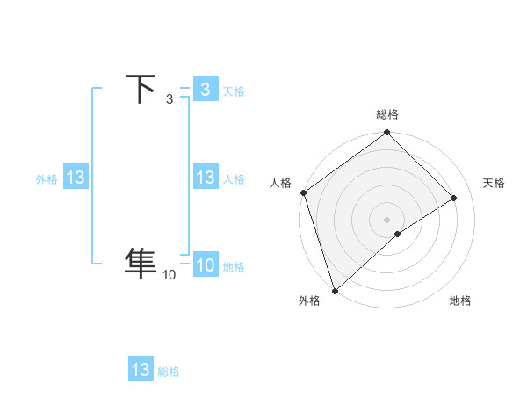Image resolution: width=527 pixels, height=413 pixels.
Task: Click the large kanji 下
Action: [x=141, y=90]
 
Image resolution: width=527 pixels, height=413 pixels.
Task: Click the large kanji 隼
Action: [x=141, y=263]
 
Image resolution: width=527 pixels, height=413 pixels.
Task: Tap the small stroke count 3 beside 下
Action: [x=169, y=99]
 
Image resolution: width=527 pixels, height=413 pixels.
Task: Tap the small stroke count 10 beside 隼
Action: [x=169, y=275]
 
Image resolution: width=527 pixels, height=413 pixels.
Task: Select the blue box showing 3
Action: [x=205, y=89]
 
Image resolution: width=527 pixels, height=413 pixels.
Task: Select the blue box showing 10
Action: [x=205, y=266]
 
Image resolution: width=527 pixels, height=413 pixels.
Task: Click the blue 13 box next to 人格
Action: [x=205, y=178]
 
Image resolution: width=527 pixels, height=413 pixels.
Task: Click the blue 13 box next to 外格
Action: [x=76, y=178]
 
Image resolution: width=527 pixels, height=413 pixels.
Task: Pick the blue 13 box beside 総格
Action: [x=141, y=370]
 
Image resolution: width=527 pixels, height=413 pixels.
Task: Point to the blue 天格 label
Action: [x=234, y=91]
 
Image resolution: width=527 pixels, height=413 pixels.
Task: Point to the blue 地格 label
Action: [x=234, y=267]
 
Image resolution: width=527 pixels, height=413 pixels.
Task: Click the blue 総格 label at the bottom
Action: [x=169, y=372]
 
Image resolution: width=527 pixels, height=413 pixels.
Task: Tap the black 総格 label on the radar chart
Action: [x=387, y=114]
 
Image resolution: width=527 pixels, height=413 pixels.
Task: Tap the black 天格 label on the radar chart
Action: [x=495, y=183]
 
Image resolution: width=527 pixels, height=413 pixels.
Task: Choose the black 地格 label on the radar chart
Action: [x=460, y=301]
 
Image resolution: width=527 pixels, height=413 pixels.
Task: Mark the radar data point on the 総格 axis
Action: [x=387, y=134]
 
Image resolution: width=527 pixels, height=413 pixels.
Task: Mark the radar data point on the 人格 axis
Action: [x=303, y=192]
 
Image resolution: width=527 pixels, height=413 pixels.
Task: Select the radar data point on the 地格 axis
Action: [x=398, y=234]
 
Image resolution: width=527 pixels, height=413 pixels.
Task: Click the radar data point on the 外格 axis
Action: [x=335, y=290]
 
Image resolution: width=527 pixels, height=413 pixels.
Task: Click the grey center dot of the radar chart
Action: [x=387, y=219]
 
